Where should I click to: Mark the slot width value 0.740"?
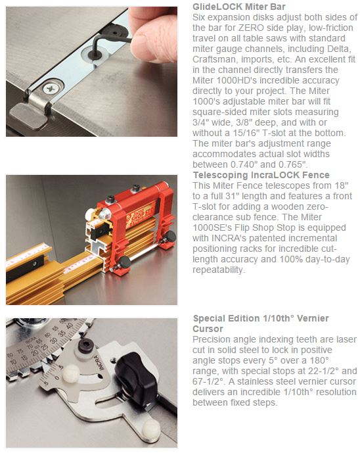(x=246, y=164)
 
